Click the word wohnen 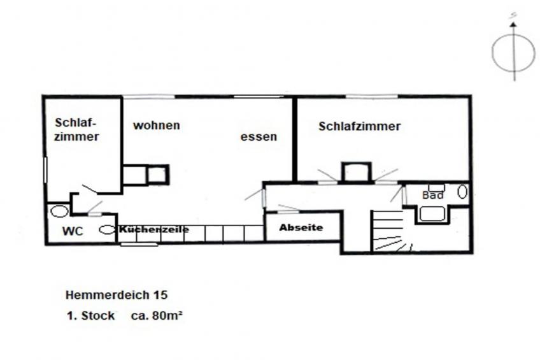point(157,125)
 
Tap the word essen point(259,136)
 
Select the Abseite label point(301,227)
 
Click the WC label point(73,231)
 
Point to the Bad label point(432,196)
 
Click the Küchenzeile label point(153,229)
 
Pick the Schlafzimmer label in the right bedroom point(359,126)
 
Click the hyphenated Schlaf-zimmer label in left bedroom point(76,129)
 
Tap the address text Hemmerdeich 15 point(117,295)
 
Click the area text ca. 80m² point(157,315)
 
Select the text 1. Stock point(90,315)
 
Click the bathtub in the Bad point(432,214)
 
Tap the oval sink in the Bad point(462,192)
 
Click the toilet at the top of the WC point(59,211)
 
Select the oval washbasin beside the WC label point(107,229)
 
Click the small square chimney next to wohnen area point(158,175)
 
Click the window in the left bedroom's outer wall point(45,170)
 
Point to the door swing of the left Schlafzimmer point(89,189)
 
